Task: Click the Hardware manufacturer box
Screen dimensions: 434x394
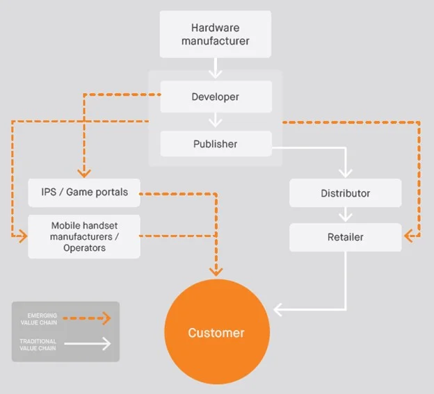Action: (216, 34)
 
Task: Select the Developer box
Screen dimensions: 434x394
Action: (216, 97)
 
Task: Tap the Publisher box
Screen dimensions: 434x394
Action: (216, 144)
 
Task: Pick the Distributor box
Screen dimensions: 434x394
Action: (346, 193)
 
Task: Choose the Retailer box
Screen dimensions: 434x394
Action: (346, 237)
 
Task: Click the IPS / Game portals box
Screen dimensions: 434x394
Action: (84, 192)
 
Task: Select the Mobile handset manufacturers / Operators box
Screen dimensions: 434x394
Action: (84, 237)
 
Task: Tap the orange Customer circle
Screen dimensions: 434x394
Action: (217, 331)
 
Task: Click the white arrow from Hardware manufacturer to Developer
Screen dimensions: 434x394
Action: (216, 68)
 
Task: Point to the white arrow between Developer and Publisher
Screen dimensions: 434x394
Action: (216, 120)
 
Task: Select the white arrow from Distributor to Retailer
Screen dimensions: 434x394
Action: (346, 215)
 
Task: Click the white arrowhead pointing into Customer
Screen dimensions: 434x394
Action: (278, 310)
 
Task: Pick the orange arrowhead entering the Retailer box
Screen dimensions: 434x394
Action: (408, 236)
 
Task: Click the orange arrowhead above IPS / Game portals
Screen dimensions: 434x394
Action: (84, 173)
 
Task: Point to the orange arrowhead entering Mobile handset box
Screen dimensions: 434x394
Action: (23, 236)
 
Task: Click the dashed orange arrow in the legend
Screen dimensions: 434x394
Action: (87, 318)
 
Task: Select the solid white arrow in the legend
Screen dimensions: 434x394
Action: (88, 344)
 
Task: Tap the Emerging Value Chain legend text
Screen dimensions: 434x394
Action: (39, 319)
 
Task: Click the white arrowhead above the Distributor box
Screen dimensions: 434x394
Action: (346, 173)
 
